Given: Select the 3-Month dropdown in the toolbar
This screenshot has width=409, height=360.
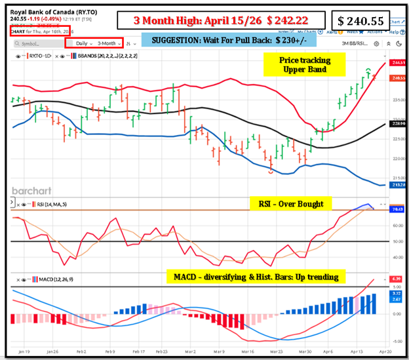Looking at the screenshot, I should [x=106, y=43].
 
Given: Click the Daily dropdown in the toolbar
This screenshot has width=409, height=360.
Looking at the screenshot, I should [x=81, y=43].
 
